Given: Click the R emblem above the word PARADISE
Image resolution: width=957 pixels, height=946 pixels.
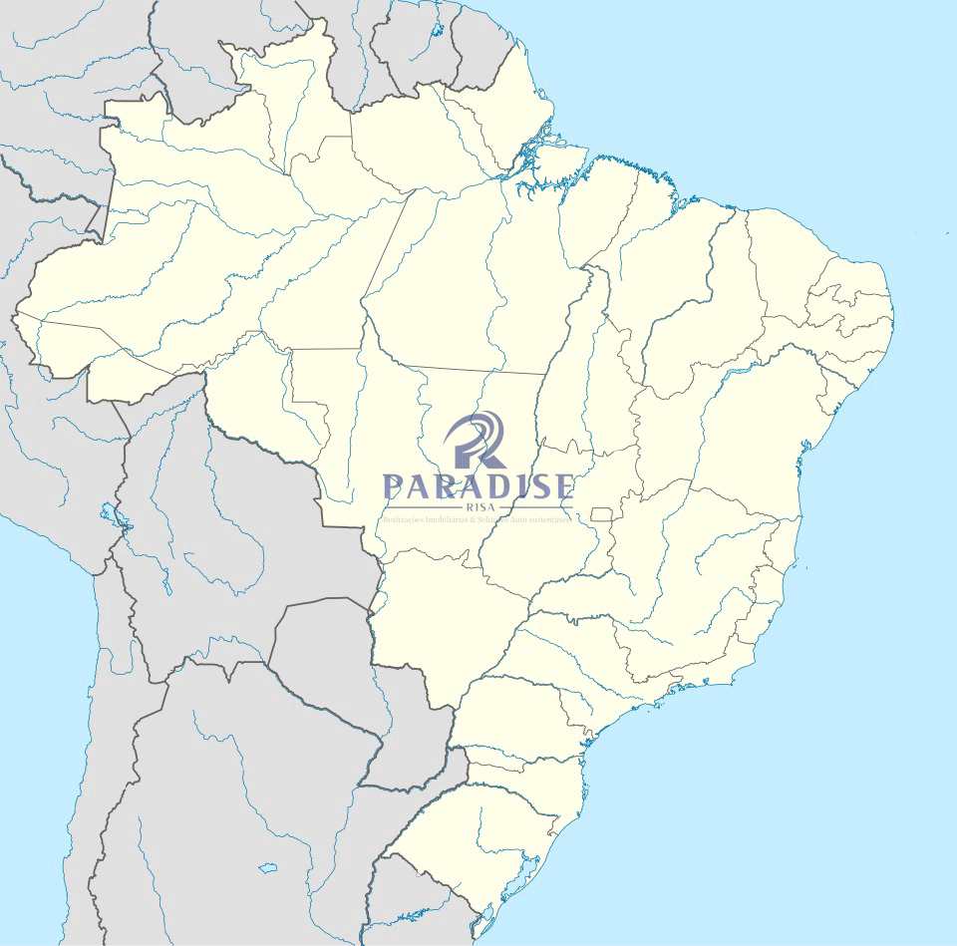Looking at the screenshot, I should point(477,440).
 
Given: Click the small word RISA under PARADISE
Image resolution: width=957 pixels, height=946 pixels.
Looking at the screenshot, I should point(478,507).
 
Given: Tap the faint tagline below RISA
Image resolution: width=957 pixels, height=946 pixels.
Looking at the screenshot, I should point(477,519).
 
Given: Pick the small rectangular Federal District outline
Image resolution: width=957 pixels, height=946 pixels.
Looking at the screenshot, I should point(600,513).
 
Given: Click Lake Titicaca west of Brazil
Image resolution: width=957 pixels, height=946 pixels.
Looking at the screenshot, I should point(112,515).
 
